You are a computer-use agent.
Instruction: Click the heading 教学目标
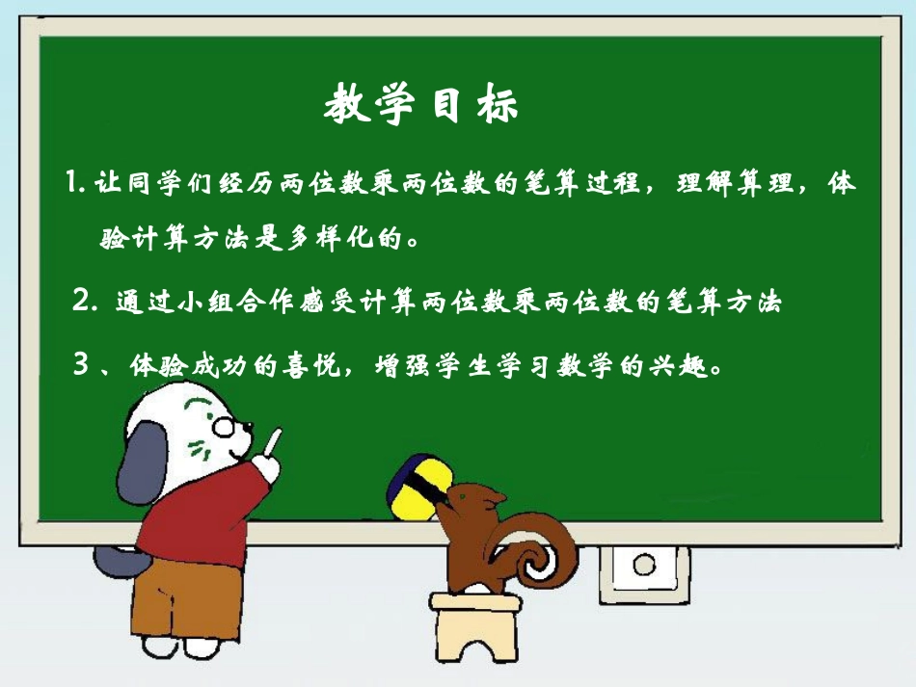point(421,103)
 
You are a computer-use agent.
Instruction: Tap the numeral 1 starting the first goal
point(75,182)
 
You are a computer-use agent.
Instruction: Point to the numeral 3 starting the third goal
point(83,367)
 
